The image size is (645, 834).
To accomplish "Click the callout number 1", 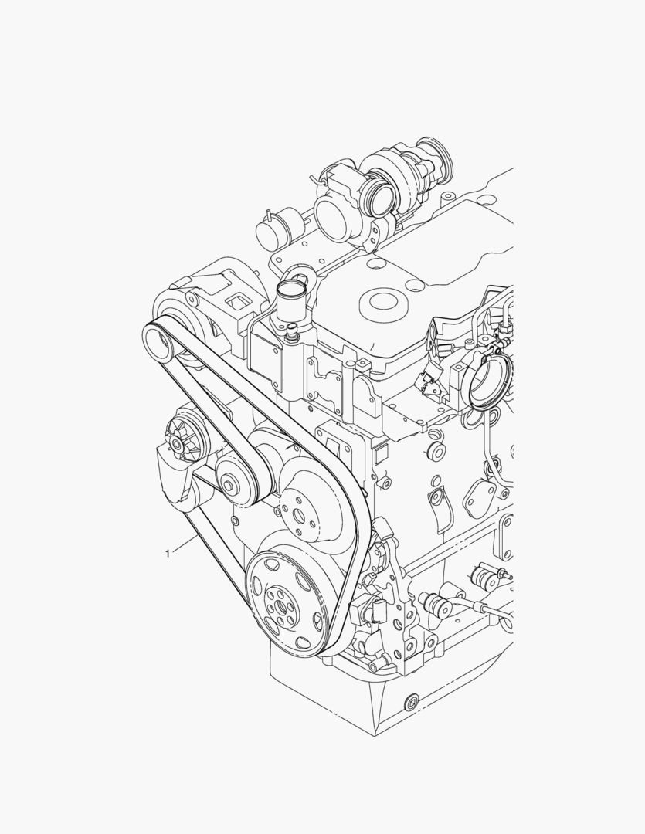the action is [168, 554].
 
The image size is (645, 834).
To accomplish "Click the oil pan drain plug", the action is [412, 701].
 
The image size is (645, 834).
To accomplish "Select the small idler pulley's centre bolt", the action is [229, 485].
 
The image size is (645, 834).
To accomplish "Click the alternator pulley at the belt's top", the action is [158, 344].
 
